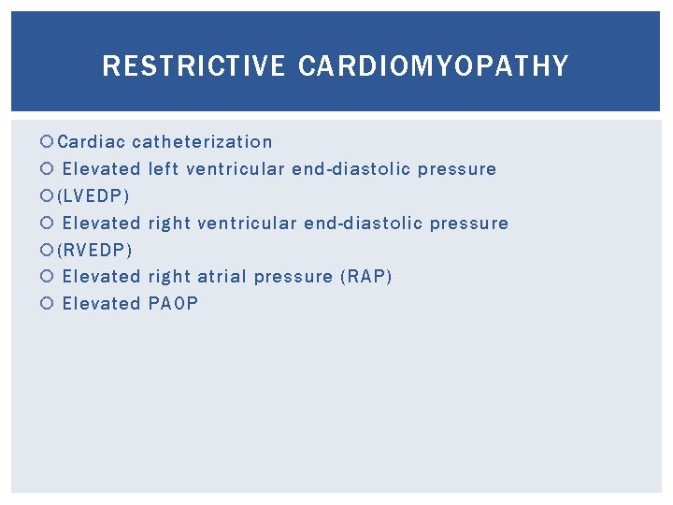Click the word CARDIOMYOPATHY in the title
434,66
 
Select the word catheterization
203,142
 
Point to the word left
165,169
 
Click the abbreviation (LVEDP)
94,196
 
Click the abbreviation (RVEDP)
95,250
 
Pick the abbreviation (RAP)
366,277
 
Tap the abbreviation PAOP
174,304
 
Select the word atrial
222,277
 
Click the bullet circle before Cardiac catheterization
49,142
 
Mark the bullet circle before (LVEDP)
49,196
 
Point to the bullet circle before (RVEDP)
49,250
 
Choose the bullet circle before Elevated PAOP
49,304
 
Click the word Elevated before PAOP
101,304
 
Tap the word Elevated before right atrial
101,277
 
